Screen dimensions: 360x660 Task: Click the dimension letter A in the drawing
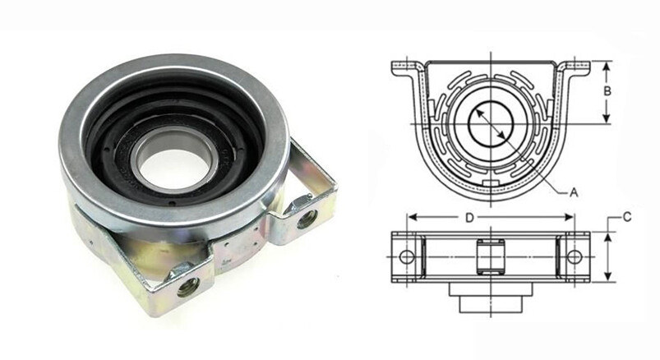tap(575, 192)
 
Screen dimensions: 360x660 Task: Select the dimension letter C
tap(627, 218)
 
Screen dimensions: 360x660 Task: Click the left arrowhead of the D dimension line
tap(412, 219)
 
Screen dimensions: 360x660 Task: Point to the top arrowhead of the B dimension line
tap(607, 64)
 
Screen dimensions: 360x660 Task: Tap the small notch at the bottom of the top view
tap(491, 182)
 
